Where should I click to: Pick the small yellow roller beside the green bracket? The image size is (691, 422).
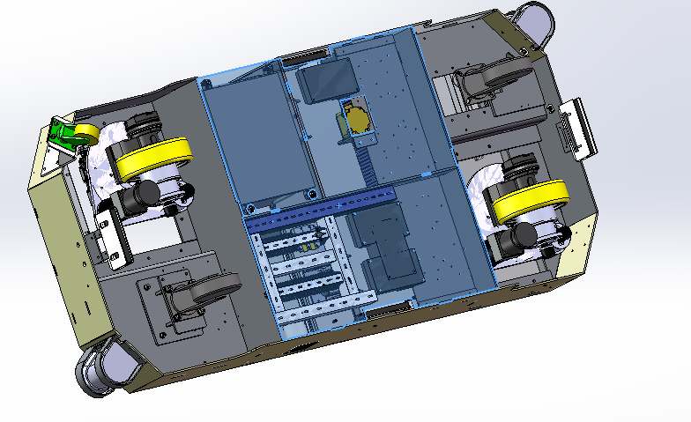(86, 135)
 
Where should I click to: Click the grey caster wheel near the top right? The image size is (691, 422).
(482, 83)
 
